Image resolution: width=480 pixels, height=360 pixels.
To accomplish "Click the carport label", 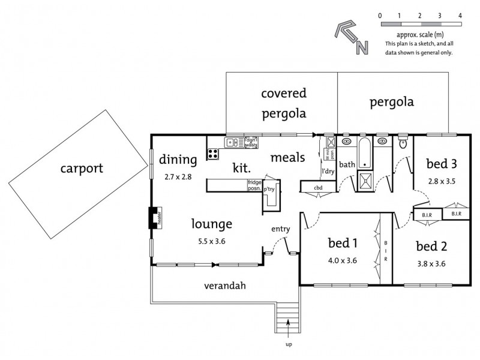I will point(82,168).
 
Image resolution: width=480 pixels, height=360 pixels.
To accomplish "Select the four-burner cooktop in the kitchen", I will point(213,153).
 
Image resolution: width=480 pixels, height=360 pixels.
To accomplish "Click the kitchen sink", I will point(232,142).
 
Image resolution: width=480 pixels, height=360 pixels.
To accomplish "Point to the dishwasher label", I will point(251,142).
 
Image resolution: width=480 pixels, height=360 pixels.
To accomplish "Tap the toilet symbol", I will point(403,143).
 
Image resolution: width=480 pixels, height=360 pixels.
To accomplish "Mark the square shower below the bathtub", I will point(364,181).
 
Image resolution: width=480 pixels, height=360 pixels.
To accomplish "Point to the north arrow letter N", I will point(362,48).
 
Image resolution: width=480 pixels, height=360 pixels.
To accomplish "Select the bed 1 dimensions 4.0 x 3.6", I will point(343,261).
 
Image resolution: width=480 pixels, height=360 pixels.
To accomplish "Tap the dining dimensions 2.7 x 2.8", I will point(178,177).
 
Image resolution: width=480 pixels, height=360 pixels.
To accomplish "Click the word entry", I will point(281,229).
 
